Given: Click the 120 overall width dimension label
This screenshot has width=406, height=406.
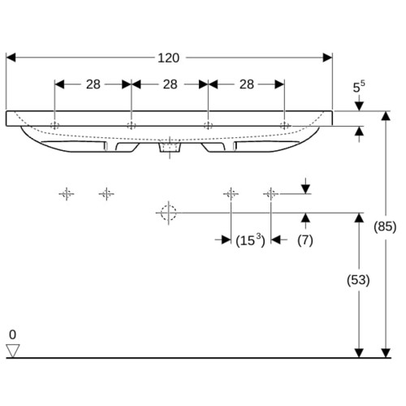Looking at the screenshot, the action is point(168,58).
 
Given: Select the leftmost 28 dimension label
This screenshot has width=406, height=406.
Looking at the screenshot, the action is point(93,84).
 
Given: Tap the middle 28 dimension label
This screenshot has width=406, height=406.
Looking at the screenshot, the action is point(170,84).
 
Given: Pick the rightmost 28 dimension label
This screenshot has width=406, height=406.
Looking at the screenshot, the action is point(247,84).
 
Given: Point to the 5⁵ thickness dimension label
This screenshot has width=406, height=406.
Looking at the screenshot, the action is point(359,87).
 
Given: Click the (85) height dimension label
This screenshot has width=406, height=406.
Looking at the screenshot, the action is point(385,227).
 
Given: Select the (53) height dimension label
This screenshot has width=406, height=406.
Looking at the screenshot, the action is point(358,280).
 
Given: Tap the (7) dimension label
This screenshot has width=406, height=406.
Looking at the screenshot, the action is point(305,240).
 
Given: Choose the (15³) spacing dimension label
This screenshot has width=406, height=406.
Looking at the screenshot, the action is point(250,240).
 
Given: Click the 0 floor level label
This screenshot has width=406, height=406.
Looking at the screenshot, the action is point(12,335).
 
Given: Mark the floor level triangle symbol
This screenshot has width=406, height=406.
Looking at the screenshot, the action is point(13,351).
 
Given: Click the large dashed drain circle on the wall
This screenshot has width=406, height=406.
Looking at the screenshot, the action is point(168,213).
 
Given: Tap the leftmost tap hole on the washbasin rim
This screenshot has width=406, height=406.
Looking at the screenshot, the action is point(54,125).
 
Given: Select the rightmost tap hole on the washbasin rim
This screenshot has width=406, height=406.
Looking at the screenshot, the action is point(284,125).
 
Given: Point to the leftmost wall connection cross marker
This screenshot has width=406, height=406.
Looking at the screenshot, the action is point(67,194).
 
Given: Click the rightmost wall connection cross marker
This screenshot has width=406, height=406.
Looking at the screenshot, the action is point(270,194).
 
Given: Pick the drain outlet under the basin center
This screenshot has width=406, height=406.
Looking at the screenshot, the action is point(170,148).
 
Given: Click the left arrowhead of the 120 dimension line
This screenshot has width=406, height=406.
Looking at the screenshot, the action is point(11,58).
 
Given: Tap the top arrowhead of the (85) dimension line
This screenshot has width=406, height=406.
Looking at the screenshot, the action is point(386,116).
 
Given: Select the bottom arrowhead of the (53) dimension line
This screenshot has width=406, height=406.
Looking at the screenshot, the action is point(359,353).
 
